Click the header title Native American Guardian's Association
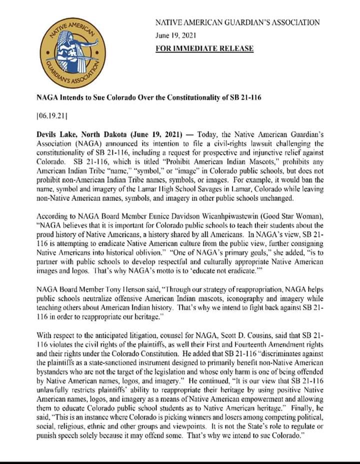pyautogui.click(x=237, y=23)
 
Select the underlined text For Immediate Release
pyautogui.click(x=204, y=49)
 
